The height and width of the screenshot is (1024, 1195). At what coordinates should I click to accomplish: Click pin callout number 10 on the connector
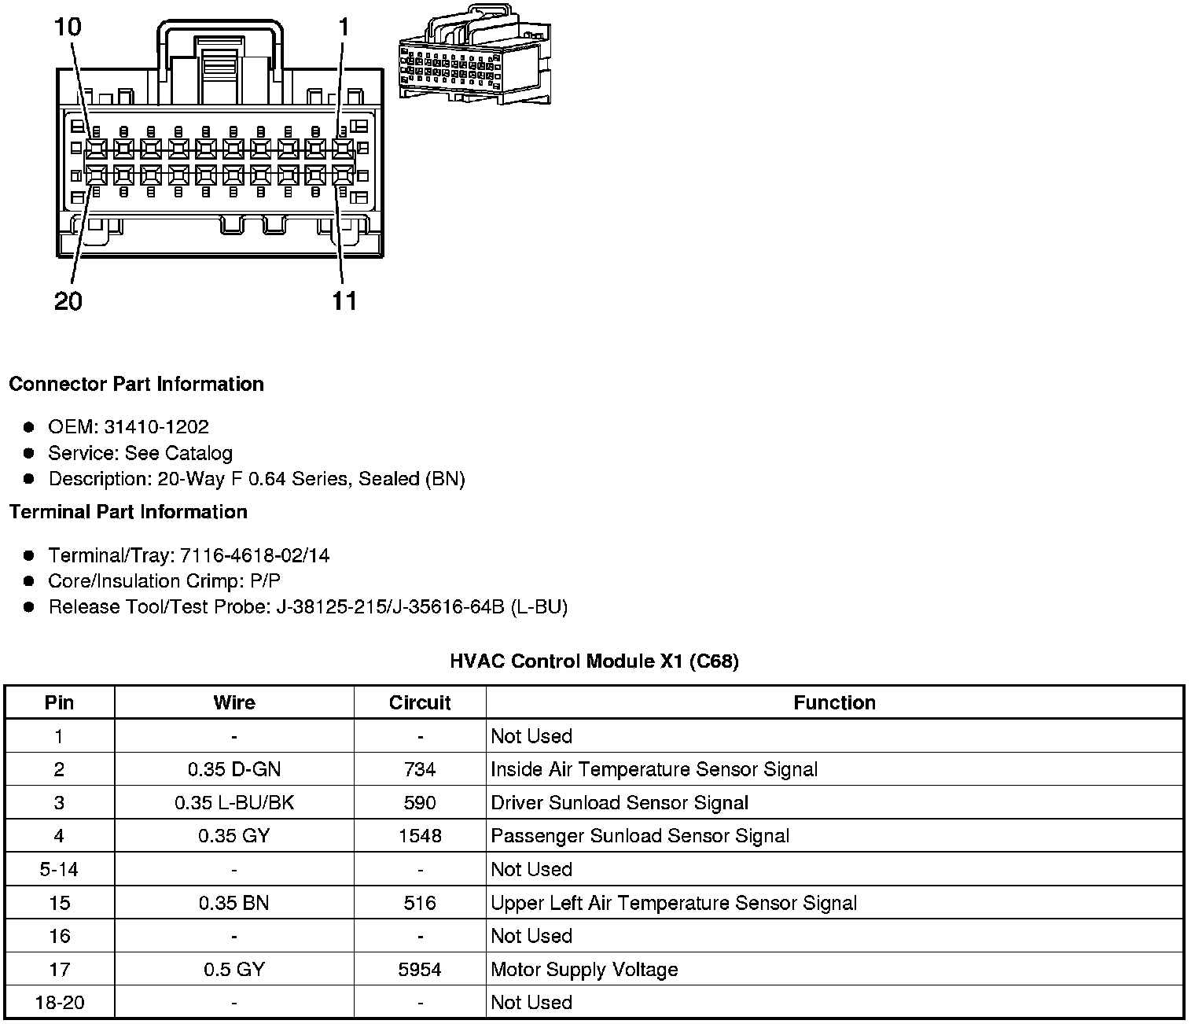point(68,28)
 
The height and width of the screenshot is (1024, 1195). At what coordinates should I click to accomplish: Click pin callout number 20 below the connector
point(68,301)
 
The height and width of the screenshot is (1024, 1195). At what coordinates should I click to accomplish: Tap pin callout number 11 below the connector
point(344,301)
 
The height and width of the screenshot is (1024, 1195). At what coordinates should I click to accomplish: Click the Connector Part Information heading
point(136,385)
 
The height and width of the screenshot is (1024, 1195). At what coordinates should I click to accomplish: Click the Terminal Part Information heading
point(128,512)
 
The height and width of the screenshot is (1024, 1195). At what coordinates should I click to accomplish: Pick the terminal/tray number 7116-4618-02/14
point(255,556)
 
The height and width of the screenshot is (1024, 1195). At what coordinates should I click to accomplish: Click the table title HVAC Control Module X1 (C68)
point(594,661)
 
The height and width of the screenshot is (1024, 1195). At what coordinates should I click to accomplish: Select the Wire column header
point(234,702)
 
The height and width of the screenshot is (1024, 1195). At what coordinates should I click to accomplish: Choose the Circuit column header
point(420,702)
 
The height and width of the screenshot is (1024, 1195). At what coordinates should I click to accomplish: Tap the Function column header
point(834,702)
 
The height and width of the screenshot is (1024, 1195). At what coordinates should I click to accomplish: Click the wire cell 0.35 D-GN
point(234,769)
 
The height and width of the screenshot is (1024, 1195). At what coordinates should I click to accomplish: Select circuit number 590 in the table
point(420,803)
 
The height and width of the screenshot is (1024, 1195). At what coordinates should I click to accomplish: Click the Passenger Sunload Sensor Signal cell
point(640,836)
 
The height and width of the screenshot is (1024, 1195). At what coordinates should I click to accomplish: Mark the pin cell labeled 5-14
point(59,870)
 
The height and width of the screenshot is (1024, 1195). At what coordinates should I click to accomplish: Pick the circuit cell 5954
point(420,970)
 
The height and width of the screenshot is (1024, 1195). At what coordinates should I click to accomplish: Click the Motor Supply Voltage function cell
point(584,970)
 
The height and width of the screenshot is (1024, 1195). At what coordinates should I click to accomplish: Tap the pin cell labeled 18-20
point(59,1003)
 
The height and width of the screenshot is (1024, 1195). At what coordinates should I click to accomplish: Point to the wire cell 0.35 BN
point(234,903)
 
